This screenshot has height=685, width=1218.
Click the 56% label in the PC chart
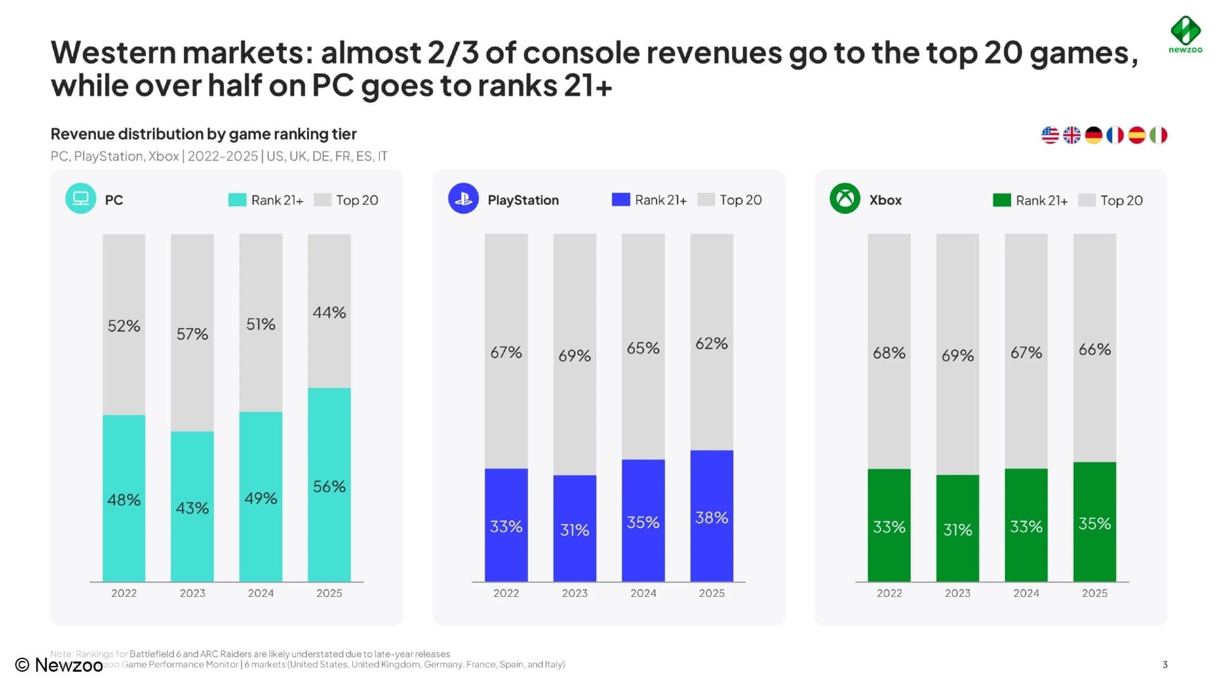[x=329, y=486]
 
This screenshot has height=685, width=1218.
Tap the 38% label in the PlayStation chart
[x=712, y=518]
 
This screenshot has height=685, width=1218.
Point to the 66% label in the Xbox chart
[x=1094, y=349]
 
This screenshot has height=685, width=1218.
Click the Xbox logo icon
[x=845, y=199]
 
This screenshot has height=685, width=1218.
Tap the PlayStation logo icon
[x=463, y=199]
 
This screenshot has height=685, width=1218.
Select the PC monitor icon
[x=81, y=199]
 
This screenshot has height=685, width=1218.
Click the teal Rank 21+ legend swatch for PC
[x=237, y=200]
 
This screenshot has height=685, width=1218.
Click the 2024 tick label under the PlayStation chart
[x=643, y=593]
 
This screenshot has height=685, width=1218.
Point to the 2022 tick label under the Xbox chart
[x=889, y=593]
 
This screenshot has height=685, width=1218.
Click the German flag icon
[x=1093, y=135]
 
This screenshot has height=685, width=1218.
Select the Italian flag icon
[x=1158, y=135]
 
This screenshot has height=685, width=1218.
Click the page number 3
[x=1165, y=665]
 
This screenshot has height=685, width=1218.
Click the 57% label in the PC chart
[x=192, y=334]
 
